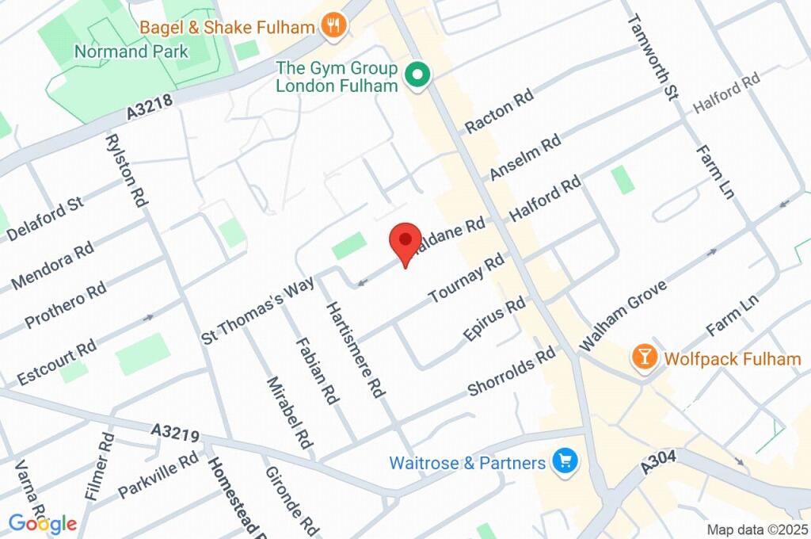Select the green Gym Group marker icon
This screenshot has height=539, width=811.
click(417, 76)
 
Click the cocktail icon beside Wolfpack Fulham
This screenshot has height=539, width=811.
click(645, 358)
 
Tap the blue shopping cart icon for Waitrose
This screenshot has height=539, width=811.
click(565, 461)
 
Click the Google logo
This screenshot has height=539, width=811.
click(43, 523)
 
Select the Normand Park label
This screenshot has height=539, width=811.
click(131, 52)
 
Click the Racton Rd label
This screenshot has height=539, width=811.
click(499, 111)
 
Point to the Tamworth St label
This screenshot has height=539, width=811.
click(653, 57)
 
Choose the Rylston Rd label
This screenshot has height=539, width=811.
click(127, 170)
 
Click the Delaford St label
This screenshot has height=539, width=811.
click(44, 220)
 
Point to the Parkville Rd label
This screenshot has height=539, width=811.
click(158, 476)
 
